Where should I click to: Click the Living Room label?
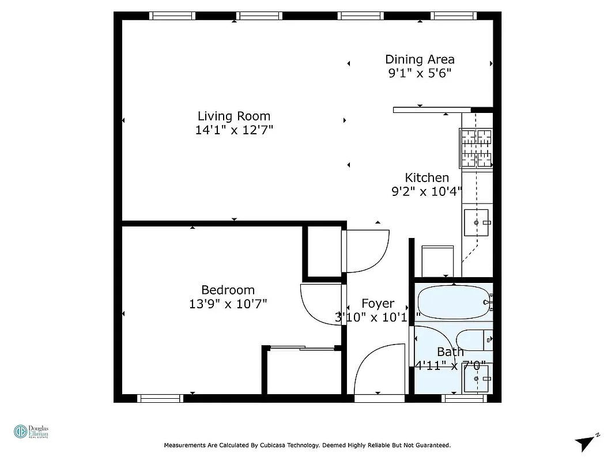tap(233, 116)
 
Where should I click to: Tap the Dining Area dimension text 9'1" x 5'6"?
tap(419, 73)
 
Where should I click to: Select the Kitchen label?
tap(427, 177)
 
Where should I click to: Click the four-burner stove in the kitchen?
tap(476, 149)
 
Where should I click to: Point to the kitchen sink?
tap(477, 222)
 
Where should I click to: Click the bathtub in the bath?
tap(454, 300)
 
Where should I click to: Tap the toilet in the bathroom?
tap(474, 339)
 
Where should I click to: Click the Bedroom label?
tap(228, 290)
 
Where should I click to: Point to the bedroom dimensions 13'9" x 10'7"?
tap(228, 304)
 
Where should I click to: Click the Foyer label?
tap(378, 303)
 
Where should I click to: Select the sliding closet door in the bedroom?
tap(302, 347)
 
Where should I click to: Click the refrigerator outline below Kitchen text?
tap(438, 261)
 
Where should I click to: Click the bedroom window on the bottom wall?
tap(160, 398)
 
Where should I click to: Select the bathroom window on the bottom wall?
tap(463, 398)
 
